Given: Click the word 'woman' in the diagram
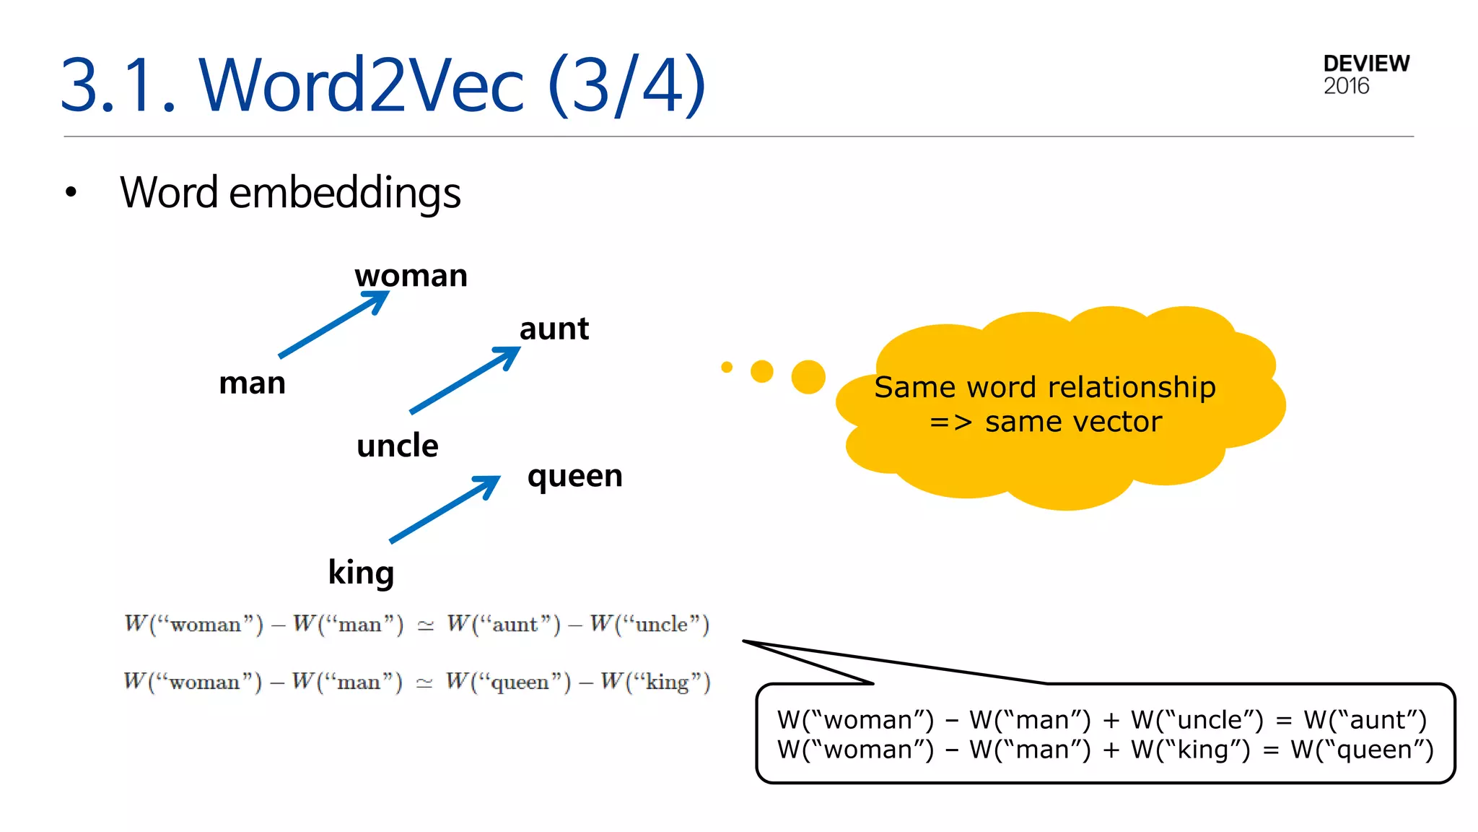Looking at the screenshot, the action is (411, 276).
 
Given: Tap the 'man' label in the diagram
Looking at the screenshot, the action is (252, 383).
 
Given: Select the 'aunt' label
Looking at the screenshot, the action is (554, 329).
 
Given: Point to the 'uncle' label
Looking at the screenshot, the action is (397, 446).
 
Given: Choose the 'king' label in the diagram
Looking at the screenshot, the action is (361, 573).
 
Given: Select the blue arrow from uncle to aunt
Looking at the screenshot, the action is (465, 380).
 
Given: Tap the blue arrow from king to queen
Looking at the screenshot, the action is (445, 508).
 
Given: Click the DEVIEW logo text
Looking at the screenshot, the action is (1366, 64).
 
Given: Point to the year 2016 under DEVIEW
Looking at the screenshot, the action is (1346, 86).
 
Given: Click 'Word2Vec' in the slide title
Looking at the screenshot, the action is (361, 85).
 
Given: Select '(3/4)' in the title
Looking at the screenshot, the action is (626, 85).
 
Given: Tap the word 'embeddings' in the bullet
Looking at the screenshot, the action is (344, 193).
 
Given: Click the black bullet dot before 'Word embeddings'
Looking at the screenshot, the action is (71, 192).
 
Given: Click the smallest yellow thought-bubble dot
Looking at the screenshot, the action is (727, 367).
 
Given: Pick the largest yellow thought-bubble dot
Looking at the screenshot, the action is (808, 377).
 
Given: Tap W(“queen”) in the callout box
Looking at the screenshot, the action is (1363, 750).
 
